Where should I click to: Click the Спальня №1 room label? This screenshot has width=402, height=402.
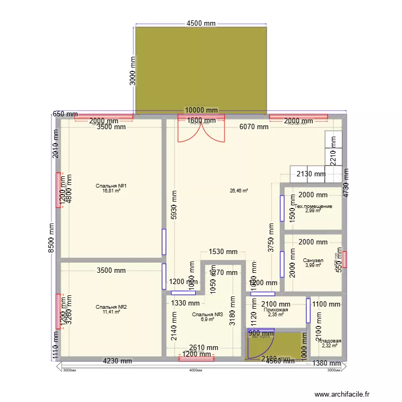(x=111, y=186)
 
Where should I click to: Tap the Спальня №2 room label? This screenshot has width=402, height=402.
(x=111, y=307)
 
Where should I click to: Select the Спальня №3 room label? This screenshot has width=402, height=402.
(x=207, y=314)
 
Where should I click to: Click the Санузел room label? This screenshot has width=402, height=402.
(x=313, y=260)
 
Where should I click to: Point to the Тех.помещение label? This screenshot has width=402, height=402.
(x=313, y=206)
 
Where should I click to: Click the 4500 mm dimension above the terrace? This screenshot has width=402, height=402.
(x=201, y=23)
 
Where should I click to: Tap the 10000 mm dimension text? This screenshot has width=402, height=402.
(x=202, y=110)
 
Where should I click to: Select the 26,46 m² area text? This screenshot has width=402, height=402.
(x=239, y=190)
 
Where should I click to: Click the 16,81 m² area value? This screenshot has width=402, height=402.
(x=111, y=191)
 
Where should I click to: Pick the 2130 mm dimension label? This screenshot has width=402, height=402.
(x=311, y=174)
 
